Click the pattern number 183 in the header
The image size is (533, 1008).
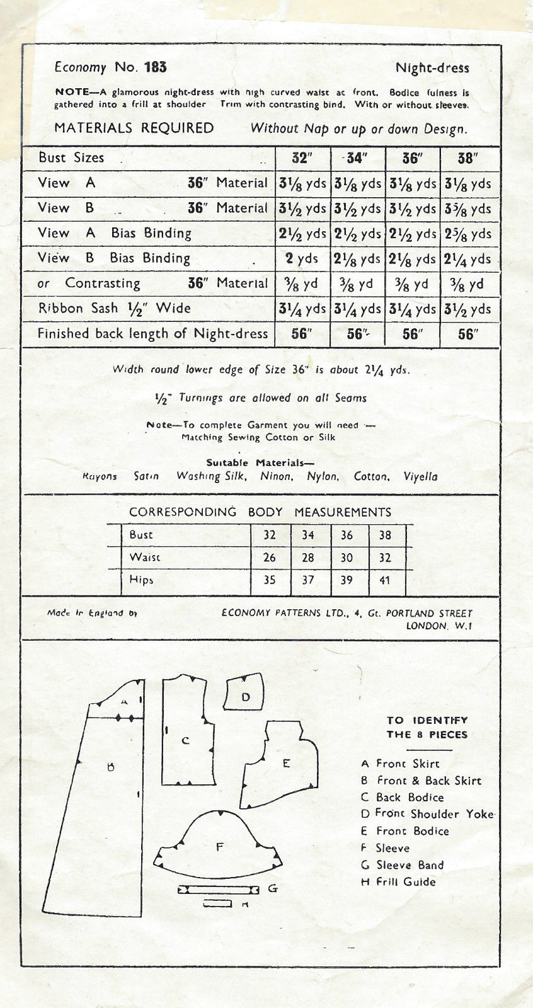pos(155,67)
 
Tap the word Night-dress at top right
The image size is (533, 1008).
pos(432,68)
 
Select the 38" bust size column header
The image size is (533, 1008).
pos(466,158)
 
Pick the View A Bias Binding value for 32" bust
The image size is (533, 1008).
pos(302,234)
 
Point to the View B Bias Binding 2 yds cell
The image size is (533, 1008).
pos(302,259)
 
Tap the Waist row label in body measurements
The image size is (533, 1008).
pos(145,557)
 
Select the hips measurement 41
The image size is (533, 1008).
pos(385,580)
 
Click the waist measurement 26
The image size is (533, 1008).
pos(270,557)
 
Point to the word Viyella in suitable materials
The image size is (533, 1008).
pos(420,476)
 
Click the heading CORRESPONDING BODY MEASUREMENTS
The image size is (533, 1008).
pos(260,512)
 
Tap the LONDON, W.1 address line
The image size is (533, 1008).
pos(439,626)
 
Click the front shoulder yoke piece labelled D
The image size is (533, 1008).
pos(245,692)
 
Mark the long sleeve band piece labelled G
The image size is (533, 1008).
pos(219,889)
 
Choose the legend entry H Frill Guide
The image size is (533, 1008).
pos(398,882)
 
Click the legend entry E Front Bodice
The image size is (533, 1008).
pos(404,831)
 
